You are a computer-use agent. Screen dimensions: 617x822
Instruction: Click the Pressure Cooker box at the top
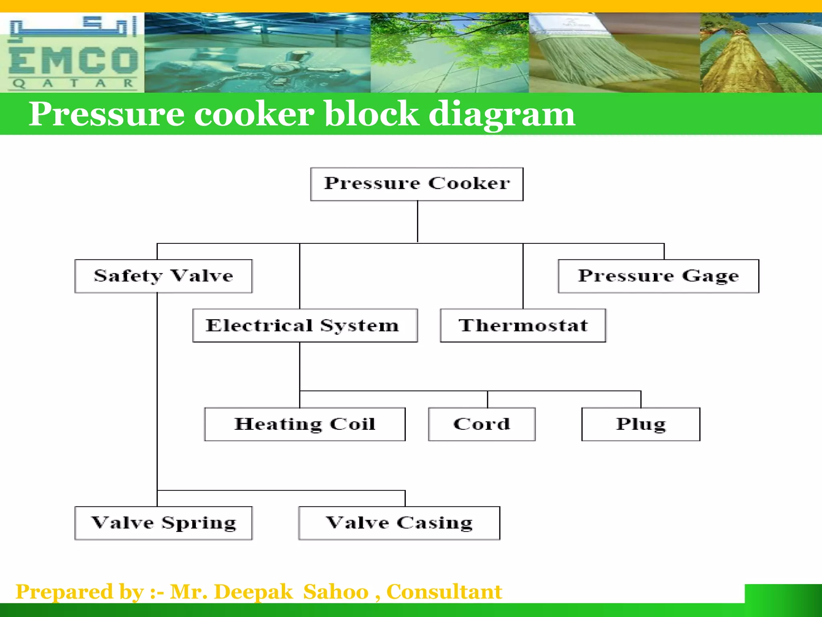(417, 184)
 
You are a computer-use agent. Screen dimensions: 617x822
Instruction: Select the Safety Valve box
(163, 276)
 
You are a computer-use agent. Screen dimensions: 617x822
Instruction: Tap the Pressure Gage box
(658, 276)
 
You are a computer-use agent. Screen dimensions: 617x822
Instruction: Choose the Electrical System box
(305, 325)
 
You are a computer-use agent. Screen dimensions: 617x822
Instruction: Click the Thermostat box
(523, 325)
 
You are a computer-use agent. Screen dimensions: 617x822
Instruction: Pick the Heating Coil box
(305, 424)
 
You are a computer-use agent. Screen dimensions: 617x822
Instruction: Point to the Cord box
(482, 424)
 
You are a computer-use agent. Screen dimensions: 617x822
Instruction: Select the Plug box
(641, 424)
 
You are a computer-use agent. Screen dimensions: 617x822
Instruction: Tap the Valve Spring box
(163, 523)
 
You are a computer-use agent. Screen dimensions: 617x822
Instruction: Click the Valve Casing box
(399, 523)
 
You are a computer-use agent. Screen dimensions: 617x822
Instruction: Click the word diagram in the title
(502, 114)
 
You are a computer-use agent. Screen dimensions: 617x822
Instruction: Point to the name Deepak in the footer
(254, 592)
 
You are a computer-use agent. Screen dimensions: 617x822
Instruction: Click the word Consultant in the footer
(444, 592)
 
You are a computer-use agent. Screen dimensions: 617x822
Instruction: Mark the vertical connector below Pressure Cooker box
(417, 221)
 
